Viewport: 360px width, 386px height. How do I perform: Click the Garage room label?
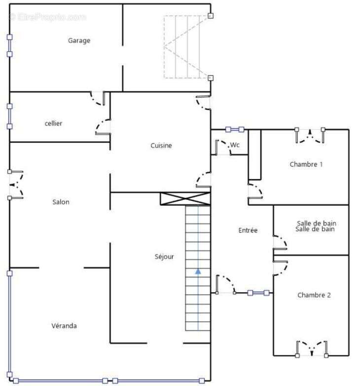tap(79, 40)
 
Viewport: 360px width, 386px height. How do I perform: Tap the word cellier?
tap(53, 123)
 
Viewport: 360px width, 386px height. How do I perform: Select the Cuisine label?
tap(161, 146)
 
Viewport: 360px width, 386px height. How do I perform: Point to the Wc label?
tap(235, 145)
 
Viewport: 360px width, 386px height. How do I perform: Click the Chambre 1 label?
tap(306, 164)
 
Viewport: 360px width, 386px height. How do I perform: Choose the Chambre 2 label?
tap(314, 295)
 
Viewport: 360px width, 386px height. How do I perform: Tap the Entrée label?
tap(248, 230)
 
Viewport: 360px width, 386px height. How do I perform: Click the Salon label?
tap(61, 202)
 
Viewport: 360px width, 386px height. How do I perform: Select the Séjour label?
tap(164, 257)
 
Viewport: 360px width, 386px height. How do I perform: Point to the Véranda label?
tap(64, 326)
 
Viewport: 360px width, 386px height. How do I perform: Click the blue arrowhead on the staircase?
tap(198, 271)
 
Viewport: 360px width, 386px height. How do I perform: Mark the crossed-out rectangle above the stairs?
tap(185, 198)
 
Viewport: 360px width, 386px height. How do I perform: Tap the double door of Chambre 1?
tap(310, 136)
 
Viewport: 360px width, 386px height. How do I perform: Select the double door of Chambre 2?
tap(312, 349)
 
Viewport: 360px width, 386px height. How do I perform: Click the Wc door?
tap(223, 148)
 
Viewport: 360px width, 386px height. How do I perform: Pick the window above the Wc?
tap(235, 129)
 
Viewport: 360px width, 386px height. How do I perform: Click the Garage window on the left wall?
tap(9, 46)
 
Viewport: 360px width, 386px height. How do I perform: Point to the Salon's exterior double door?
tap(16, 185)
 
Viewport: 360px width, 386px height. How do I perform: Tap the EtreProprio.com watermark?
tap(47, 17)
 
